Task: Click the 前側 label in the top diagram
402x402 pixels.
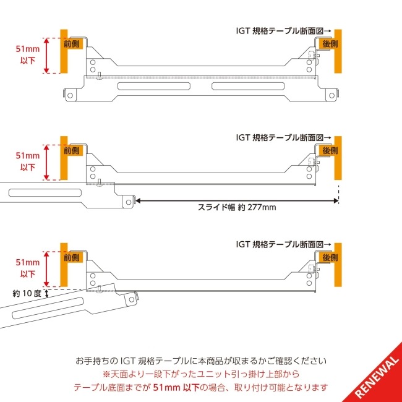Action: coord(72,44)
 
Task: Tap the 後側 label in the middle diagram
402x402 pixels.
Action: coord(329,150)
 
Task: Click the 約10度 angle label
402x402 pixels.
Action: coord(27,294)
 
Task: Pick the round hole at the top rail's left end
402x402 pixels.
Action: coord(71,95)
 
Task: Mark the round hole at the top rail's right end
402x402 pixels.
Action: coord(331,95)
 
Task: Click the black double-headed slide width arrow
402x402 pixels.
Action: coord(236,200)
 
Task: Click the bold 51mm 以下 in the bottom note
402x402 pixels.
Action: coord(176,387)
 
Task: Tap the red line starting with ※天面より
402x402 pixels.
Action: coord(200,374)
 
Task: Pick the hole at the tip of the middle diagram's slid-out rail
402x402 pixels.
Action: coord(128,200)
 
